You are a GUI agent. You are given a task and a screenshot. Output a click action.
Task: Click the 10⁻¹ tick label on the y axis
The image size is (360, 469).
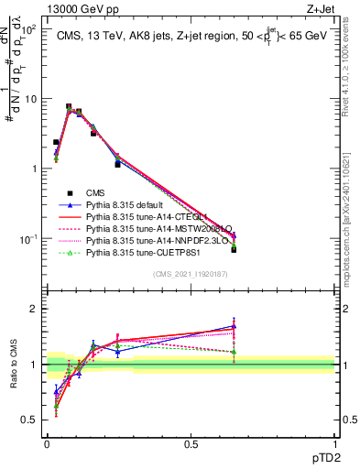[x=27, y=239]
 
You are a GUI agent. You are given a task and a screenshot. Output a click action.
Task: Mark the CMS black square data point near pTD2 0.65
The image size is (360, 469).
[x=234, y=249]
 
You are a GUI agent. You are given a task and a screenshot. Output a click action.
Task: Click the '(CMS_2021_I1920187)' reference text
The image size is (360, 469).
[x=191, y=274]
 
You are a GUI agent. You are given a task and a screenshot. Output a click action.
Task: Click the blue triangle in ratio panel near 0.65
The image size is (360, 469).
[x=234, y=326]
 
